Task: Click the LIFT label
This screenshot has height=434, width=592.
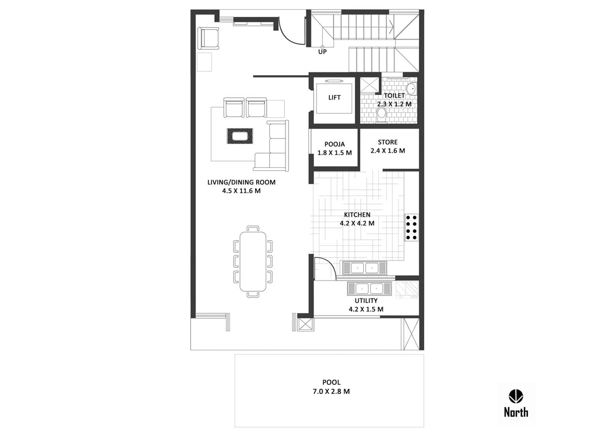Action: (334, 97)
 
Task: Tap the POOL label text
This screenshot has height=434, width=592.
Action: (331, 382)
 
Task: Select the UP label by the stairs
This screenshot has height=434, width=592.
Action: (322, 52)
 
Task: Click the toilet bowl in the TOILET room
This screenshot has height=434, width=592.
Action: (381, 116)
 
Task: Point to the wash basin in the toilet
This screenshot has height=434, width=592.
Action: (411, 89)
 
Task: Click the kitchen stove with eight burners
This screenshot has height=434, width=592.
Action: (411, 227)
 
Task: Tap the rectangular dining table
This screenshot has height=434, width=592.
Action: (253, 261)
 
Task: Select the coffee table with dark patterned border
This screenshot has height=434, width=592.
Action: (240, 136)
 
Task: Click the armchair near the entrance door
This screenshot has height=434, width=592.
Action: (208, 38)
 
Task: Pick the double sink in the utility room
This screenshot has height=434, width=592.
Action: (369, 289)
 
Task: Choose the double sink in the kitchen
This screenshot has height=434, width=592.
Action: (365, 268)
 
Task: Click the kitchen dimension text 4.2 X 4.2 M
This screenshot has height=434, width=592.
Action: (357, 223)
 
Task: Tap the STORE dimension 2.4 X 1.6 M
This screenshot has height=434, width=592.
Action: (388, 151)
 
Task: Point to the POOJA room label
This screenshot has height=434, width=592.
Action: (335, 144)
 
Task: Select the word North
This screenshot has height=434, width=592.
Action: (516, 412)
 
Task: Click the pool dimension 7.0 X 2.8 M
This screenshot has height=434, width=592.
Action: (331, 391)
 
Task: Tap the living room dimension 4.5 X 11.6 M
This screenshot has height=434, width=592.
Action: (241, 191)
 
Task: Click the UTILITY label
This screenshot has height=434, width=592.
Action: (366, 301)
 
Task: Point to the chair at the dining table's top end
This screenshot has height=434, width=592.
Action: (253, 228)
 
